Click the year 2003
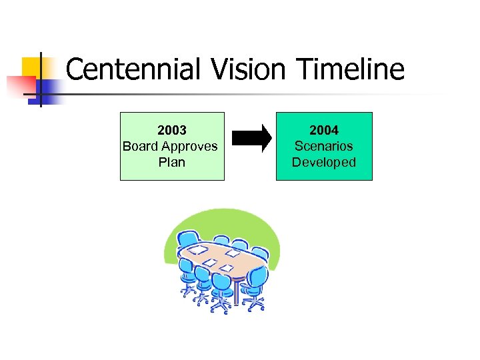coord(172,130)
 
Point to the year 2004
coord(324,130)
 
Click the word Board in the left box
coord(140,146)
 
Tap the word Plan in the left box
coord(172,162)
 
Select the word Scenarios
coord(324,146)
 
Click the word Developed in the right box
coord(324,162)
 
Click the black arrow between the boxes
coord(251,139)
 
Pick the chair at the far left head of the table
coord(187,243)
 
